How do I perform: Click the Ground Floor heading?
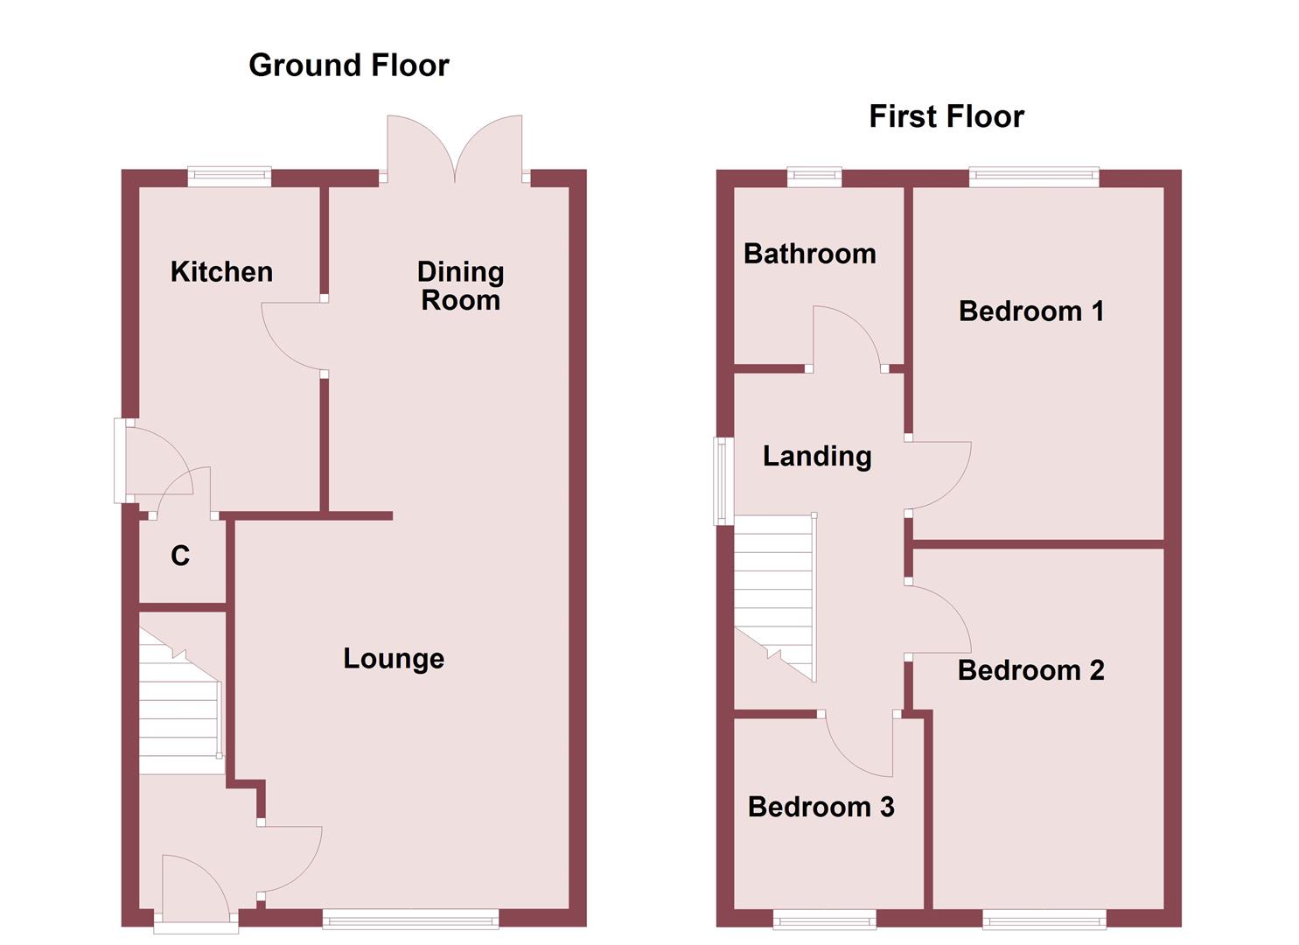tap(348, 66)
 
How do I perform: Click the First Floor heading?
tap(946, 116)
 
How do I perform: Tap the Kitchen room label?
tap(221, 272)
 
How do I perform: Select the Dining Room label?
tap(460, 286)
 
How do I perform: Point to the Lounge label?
tap(394, 658)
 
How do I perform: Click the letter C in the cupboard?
tap(180, 556)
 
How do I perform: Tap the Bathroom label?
tap(809, 254)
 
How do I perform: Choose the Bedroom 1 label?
tap(1030, 311)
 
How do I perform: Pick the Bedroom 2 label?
tap(1030, 670)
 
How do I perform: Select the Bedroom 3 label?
tap(821, 807)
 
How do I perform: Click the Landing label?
tap(817, 456)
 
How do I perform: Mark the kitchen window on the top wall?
tap(229, 177)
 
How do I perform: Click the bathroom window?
tap(814, 177)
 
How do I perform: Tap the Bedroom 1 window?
tap(1033, 177)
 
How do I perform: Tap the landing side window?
tap(723, 480)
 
